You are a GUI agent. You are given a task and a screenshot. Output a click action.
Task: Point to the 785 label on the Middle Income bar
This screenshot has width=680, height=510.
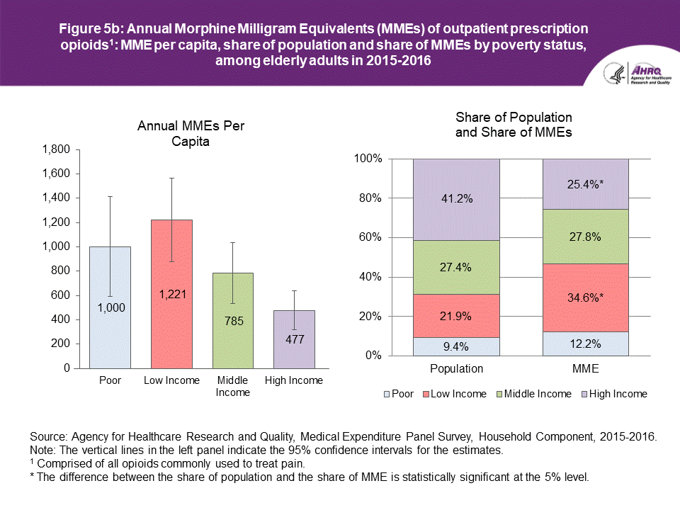(234, 321)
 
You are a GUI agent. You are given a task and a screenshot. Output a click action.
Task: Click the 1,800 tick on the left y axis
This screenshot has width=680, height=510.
(57, 149)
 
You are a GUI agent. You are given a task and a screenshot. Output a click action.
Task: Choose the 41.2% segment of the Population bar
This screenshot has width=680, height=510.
(456, 199)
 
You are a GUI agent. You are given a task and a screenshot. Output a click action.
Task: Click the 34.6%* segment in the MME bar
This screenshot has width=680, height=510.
(586, 297)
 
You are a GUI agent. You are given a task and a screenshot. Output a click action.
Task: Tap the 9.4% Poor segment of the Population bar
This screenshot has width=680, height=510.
(456, 346)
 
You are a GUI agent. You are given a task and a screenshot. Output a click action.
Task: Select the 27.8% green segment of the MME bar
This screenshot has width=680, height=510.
(586, 237)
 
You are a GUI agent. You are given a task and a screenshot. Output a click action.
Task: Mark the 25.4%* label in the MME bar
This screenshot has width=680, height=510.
(586, 184)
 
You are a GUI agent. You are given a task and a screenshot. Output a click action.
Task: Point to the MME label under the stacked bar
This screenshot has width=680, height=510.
(586, 368)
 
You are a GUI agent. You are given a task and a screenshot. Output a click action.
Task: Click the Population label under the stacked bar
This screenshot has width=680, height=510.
(456, 368)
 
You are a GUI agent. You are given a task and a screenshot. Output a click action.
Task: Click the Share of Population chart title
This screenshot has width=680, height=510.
(514, 124)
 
